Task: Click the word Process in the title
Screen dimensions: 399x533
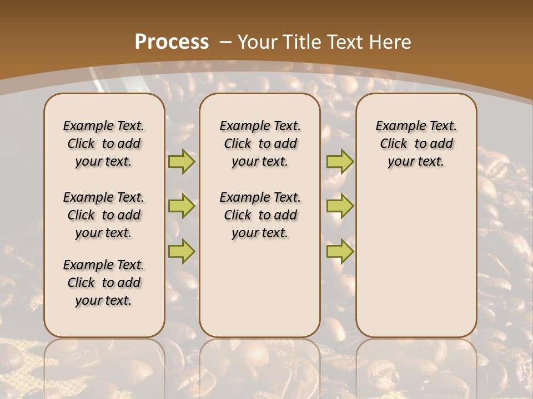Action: click(x=172, y=42)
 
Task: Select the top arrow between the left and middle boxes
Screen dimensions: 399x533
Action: click(x=182, y=161)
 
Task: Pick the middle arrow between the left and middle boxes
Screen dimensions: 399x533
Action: click(x=182, y=206)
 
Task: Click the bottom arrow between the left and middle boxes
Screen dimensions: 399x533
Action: click(x=182, y=252)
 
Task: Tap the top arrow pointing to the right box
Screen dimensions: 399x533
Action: click(x=340, y=161)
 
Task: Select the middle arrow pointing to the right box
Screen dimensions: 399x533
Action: click(x=340, y=206)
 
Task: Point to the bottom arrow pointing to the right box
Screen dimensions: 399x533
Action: click(x=340, y=252)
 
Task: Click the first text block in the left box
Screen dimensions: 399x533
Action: click(x=104, y=144)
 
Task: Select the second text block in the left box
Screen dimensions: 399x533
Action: click(x=104, y=215)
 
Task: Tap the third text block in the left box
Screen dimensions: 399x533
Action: click(x=104, y=283)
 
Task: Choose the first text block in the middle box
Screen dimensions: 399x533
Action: click(x=260, y=144)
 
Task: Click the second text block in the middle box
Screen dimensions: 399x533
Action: click(x=260, y=215)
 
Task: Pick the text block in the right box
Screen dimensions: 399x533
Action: click(x=416, y=144)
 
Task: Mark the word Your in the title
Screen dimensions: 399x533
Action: click(x=256, y=42)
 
